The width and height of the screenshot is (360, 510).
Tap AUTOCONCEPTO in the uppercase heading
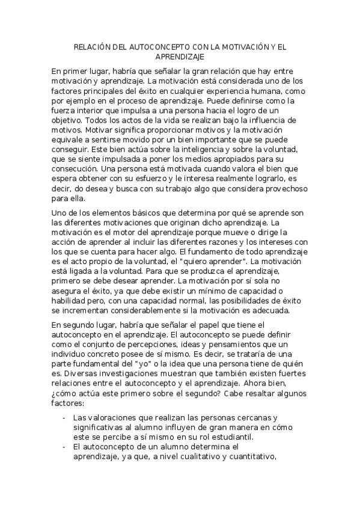(158, 46)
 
